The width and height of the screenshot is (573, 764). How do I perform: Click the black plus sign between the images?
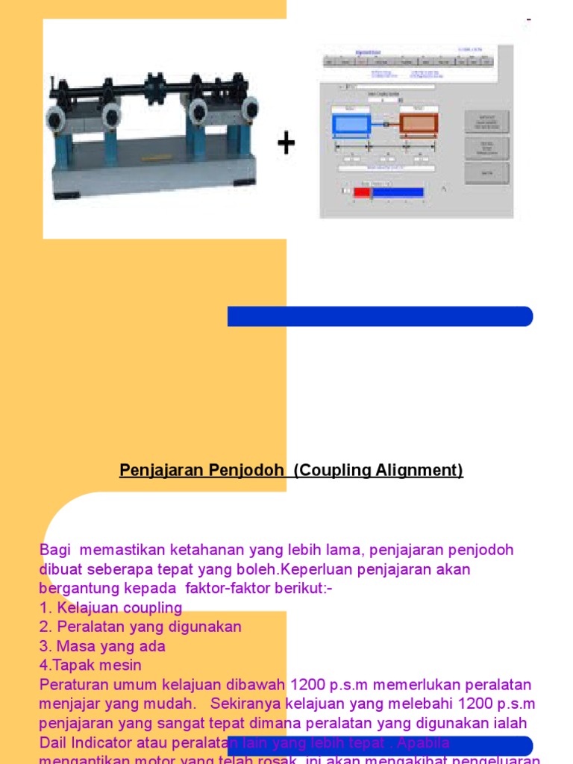pos(286,144)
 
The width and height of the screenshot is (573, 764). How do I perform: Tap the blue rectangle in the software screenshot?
pos(351,123)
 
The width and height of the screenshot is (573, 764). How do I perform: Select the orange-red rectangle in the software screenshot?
pos(419,123)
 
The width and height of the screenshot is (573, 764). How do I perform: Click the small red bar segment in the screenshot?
pos(362,192)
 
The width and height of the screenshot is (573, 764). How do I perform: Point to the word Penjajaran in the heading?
pos(157,471)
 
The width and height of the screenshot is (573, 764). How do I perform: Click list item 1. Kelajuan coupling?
pos(111,607)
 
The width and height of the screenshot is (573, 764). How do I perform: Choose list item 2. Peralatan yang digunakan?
pos(140,627)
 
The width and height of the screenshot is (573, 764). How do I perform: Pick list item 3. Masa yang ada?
pos(102,646)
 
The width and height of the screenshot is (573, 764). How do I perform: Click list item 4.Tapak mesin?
pos(90,665)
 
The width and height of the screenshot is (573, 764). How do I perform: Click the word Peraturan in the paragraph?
pos(73,684)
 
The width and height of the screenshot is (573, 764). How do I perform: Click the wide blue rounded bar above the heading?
pos(380,316)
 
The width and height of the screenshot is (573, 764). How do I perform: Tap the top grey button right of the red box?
pos(486,122)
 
